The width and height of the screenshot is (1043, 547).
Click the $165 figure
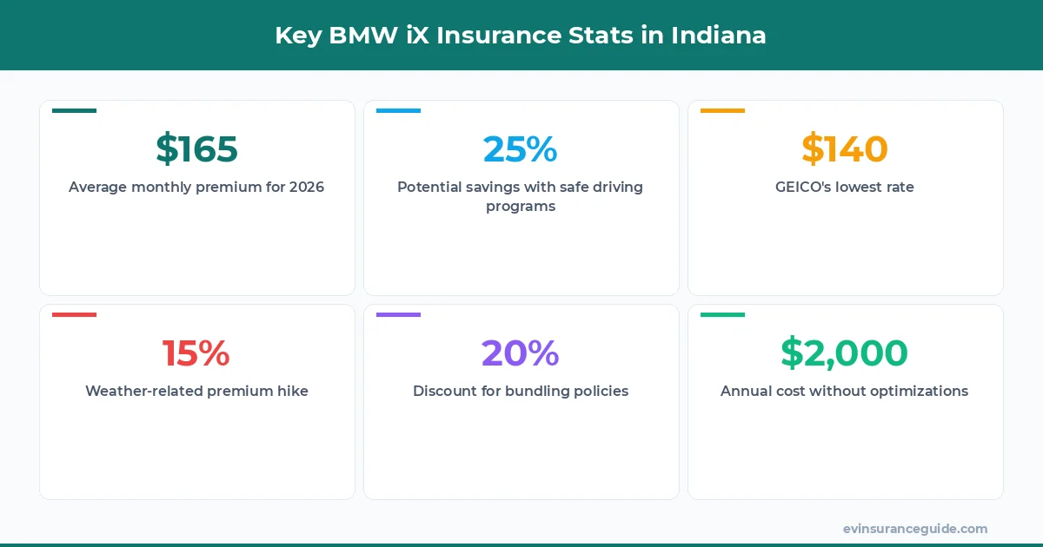(196, 148)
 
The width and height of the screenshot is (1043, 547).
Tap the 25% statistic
(521, 148)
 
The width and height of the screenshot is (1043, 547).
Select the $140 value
(845, 148)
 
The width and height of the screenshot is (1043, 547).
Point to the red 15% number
(196, 353)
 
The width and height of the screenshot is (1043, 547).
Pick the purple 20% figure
(521, 353)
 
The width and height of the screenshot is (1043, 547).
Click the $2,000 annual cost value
(845, 353)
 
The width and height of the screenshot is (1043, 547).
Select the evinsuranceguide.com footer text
(915, 528)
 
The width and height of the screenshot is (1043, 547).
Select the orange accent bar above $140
(722, 110)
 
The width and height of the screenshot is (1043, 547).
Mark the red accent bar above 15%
(74, 314)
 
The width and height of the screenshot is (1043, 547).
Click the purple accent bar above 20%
(398, 314)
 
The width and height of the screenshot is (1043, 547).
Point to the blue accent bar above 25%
(398, 110)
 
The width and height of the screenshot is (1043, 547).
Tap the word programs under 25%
(521, 207)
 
